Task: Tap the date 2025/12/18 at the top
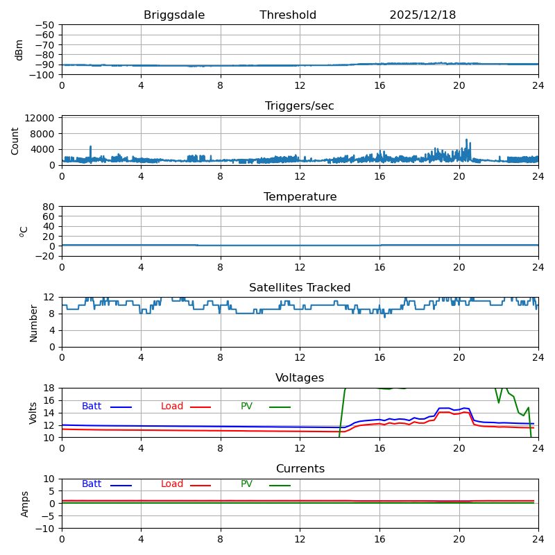coord(422,15)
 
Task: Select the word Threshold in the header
coord(288,15)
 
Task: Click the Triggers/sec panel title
coord(300,106)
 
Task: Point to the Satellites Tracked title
coord(300,288)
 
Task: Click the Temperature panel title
coord(300,197)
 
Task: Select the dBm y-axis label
coord(19,50)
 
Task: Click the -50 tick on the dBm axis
coord(45,25)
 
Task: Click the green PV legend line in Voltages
coord(280,407)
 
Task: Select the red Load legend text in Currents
coord(172,484)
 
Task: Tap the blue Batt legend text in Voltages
coord(92,407)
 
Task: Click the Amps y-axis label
coord(26,504)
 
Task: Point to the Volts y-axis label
coord(33,413)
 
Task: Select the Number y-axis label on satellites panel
coord(33,323)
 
